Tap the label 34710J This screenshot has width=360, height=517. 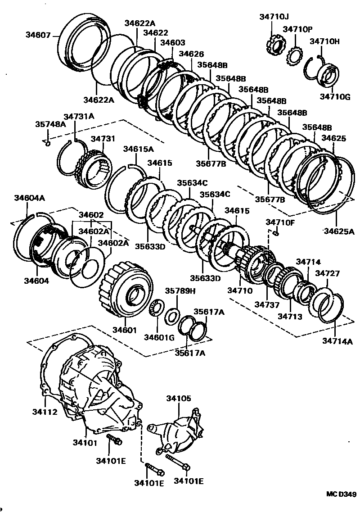(x=274, y=17)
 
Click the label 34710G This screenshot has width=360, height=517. (x=334, y=96)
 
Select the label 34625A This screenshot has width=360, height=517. (x=339, y=231)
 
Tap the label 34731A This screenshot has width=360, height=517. (x=79, y=117)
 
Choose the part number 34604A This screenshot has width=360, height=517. (x=29, y=198)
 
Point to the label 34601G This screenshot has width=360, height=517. (x=159, y=337)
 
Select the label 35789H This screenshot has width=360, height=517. (x=180, y=290)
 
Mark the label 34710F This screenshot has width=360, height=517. (x=280, y=222)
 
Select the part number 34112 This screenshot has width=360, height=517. (x=44, y=411)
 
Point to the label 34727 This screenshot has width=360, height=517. (x=327, y=273)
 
